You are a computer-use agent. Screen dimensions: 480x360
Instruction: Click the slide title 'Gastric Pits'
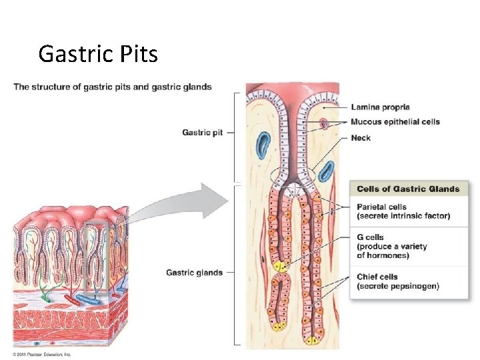pos(98,53)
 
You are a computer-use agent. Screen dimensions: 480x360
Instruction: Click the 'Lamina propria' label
pos(380,107)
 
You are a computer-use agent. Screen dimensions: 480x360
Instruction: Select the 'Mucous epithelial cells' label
pos(395,122)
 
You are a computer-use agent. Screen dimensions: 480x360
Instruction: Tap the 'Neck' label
pos(361,138)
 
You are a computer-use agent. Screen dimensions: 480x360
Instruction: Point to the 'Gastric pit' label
pos(202,133)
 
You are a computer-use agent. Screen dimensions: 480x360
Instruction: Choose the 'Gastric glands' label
pos(194,272)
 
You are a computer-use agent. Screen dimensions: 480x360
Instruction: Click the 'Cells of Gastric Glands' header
pos(408,189)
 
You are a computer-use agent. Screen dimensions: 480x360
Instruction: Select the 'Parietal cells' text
pos(381,207)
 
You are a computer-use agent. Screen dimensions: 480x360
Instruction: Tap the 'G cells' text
pos(371,237)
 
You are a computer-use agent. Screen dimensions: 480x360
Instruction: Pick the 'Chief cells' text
pos(377,277)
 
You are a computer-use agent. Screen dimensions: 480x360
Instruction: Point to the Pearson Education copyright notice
pos(42,354)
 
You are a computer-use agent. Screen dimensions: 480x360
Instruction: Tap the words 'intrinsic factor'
pos(421,216)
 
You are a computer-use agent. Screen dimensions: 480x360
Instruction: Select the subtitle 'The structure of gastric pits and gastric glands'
pos(113,87)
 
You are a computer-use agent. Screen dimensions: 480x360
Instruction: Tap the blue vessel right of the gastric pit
pos(326,171)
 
